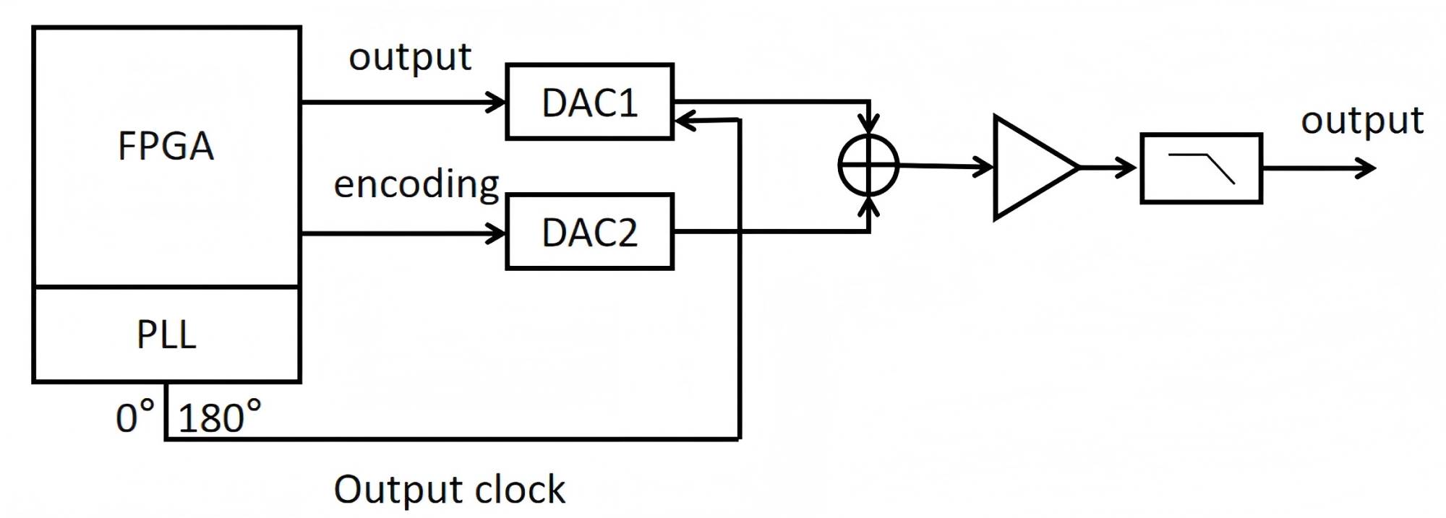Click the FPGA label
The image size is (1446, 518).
pyautogui.click(x=166, y=146)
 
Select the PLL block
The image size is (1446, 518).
pyautogui.click(x=166, y=334)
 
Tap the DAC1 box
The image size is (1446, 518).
pyautogui.click(x=589, y=102)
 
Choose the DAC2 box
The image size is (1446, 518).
pyautogui.click(x=589, y=232)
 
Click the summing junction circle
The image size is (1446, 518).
pyautogui.click(x=868, y=165)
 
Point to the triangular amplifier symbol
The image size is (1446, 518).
pyautogui.click(x=1030, y=167)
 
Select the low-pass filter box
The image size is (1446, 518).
pyautogui.click(x=1201, y=168)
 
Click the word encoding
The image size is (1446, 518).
pyautogui.click(x=416, y=184)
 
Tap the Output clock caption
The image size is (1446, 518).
pyautogui.click(x=449, y=489)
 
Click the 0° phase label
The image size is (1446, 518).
pyautogui.click(x=135, y=417)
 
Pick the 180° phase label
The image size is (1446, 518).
pyautogui.click(x=219, y=418)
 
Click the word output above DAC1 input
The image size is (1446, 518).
pyautogui.click(x=410, y=56)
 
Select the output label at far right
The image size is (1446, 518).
pyautogui.click(x=1362, y=120)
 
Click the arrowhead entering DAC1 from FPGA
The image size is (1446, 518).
pyautogui.click(x=497, y=103)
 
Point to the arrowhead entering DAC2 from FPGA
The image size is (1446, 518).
pyautogui.click(x=497, y=233)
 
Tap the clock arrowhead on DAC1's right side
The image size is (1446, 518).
pyautogui.click(x=683, y=121)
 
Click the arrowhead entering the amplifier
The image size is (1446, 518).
pyautogui.click(x=985, y=167)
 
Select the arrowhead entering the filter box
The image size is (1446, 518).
pyautogui.click(x=1128, y=168)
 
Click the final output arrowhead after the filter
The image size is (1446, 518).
pyautogui.click(x=1367, y=168)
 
